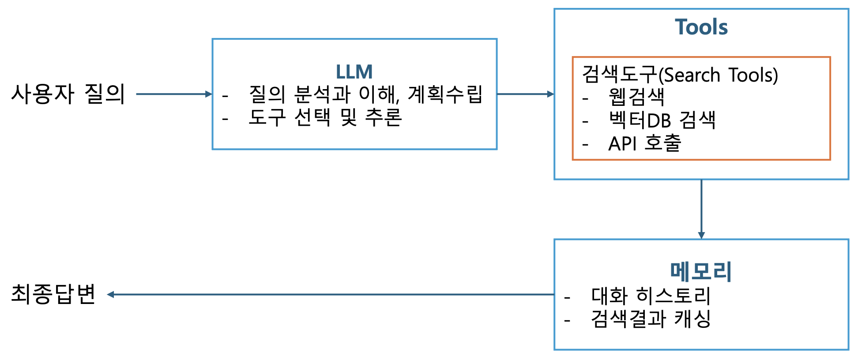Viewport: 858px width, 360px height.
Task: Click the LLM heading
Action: [x=354, y=71]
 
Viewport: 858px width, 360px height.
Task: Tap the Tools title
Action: [x=701, y=27]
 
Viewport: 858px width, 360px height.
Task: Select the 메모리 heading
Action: [x=701, y=271]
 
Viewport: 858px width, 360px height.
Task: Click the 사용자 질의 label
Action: [x=68, y=94]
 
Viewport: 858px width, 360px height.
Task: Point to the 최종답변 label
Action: [x=53, y=294]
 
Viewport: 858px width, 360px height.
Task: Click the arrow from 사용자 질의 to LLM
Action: [x=174, y=94]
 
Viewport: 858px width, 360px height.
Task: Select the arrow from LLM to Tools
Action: [x=525, y=94]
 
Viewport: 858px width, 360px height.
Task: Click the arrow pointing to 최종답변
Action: [x=331, y=294]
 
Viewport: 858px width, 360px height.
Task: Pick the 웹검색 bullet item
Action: [x=636, y=97]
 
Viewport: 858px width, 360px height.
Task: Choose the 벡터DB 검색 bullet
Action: [x=662, y=120]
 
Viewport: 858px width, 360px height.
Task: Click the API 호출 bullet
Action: [x=644, y=143]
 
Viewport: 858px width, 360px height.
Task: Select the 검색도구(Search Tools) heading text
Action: [x=680, y=75]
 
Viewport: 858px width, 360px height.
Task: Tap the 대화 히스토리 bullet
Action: [x=651, y=296]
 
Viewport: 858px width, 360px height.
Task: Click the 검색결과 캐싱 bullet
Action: [x=651, y=319]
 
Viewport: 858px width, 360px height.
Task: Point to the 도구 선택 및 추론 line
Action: [x=325, y=117]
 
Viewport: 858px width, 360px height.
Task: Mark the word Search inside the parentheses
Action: [x=692, y=75]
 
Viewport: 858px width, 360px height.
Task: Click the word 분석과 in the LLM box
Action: [x=322, y=94]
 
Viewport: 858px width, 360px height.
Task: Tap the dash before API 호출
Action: [x=585, y=144]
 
